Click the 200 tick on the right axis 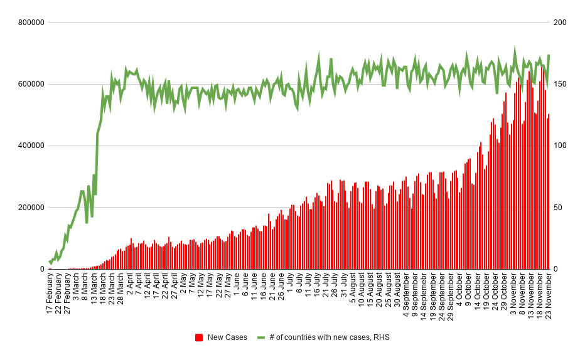[560, 23]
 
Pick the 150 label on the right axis [560, 84]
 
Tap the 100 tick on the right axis [560, 146]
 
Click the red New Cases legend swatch [199, 337]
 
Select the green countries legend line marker [261, 337]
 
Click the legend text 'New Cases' [227, 337]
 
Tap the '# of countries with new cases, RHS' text [330, 337]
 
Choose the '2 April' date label [130, 289]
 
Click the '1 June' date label [237, 288]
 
